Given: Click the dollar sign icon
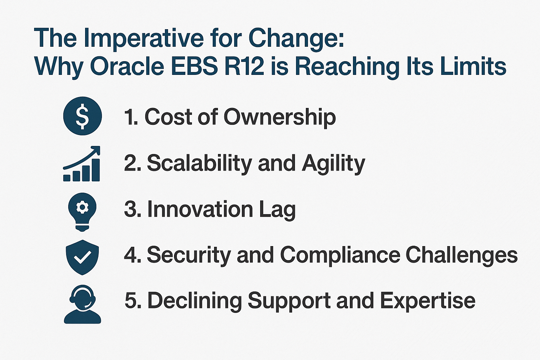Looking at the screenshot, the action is coord(83,116).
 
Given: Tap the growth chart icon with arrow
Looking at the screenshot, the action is coord(82,164).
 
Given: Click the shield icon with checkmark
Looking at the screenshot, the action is coord(82,257).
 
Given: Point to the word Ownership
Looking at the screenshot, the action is coord(279,117).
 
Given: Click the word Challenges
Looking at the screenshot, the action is coord(462,256).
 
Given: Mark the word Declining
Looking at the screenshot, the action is coord(194,301).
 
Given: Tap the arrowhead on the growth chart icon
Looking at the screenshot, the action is coord(96,149).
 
